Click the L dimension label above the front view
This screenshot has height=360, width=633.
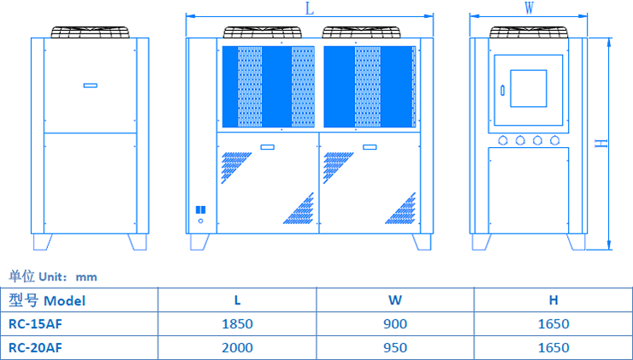308,8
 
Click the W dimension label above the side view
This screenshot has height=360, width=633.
529,8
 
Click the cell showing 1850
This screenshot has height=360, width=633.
237,324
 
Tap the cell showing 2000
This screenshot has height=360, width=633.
237,348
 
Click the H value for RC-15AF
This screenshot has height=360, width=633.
553,324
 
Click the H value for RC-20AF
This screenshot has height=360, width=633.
553,348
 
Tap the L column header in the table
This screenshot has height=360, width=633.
237,300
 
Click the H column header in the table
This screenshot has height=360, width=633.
553,300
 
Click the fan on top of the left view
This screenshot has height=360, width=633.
90,32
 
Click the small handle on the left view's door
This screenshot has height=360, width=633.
91,85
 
